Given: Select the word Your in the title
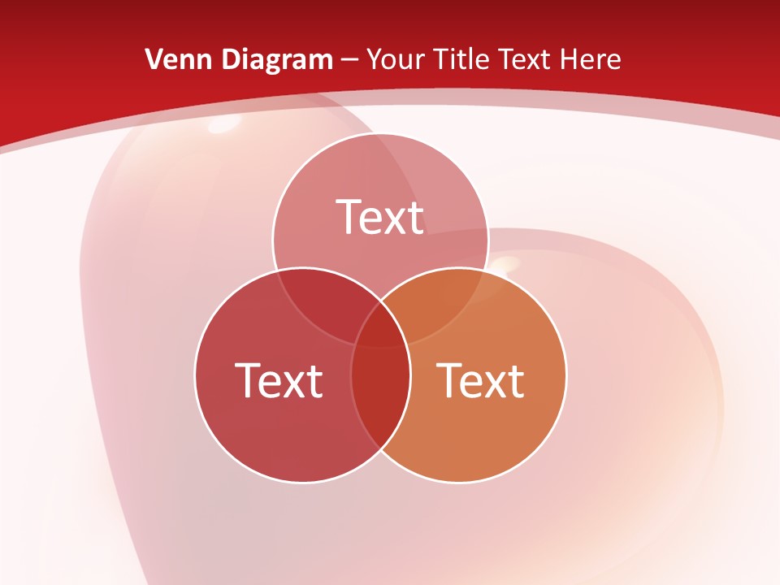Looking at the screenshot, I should (x=396, y=59).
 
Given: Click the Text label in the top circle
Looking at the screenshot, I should (x=380, y=217).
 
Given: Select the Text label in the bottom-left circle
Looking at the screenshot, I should (x=279, y=380).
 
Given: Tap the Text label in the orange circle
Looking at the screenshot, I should (x=481, y=380).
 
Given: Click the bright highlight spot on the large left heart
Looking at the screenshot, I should (x=224, y=124).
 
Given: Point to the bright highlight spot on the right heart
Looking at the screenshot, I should (x=505, y=264).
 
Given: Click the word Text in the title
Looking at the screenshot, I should (x=523, y=59).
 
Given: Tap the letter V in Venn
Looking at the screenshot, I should (x=153, y=59).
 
